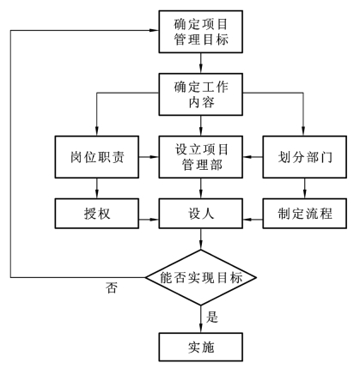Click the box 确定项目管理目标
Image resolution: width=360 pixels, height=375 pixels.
(x=201, y=32)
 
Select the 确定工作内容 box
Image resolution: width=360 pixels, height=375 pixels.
(x=201, y=94)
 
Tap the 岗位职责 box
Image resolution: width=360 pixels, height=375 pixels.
(x=97, y=157)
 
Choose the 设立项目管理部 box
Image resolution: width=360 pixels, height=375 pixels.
(x=201, y=157)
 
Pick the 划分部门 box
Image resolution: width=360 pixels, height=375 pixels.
(x=305, y=157)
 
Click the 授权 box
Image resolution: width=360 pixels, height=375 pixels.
(x=97, y=214)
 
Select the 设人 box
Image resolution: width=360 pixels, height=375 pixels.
(x=201, y=214)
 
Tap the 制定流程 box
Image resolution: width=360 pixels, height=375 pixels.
(x=305, y=214)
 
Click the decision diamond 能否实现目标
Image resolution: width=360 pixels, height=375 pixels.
(x=201, y=277)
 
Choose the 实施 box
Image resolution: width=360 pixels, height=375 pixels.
(x=201, y=347)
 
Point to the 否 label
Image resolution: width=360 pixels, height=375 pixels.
(x=112, y=287)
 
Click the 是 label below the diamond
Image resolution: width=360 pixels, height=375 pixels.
(x=212, y=318)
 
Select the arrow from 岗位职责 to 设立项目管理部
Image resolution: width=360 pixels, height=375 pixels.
(x=149, y=157)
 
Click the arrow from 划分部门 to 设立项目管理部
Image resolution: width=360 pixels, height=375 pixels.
(x=253, y=157)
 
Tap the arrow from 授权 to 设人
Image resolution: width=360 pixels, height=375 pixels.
(x=149, y=220)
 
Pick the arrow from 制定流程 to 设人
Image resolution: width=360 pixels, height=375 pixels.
(x=253, y=220)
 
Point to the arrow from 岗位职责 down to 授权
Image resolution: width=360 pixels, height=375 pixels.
(x=97, y=188)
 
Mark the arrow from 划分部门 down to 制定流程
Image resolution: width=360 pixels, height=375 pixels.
(x=305, y=188)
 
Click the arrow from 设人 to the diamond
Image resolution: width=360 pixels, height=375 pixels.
(x=201, y=239)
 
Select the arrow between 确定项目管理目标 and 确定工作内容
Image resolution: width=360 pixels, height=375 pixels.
(x=201, y=64)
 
